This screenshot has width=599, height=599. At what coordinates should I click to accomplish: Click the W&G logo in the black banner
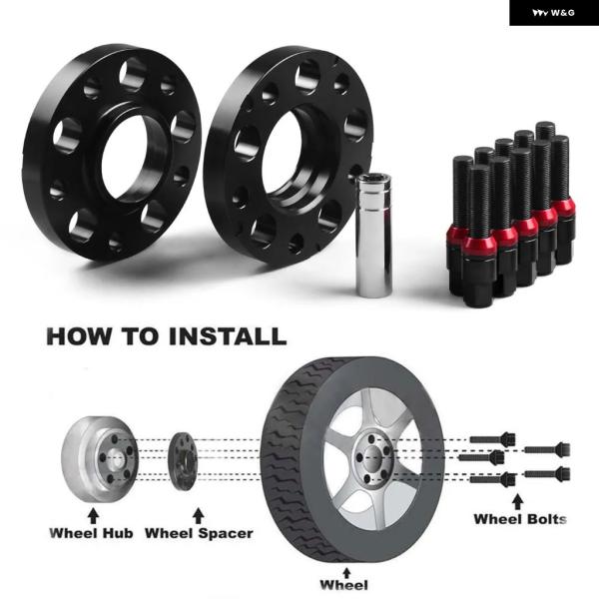[x=553, y=13]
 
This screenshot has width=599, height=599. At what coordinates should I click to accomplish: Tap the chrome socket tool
[x=374, y=235]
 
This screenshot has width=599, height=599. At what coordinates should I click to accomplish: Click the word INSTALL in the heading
[x=228, y=336]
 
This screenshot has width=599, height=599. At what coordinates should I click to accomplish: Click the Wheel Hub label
[x=91, y=533]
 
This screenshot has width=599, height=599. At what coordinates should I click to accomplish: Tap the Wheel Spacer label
[x=199, y=533]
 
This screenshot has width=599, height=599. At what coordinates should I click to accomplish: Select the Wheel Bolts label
[x=520, y=519]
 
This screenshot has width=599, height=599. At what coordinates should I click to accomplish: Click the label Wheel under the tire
[x=343, y=585]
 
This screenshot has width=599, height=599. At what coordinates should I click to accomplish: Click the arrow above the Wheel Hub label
[x=93, y=515]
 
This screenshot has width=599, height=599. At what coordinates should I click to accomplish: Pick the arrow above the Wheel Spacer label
[x=198, y=515]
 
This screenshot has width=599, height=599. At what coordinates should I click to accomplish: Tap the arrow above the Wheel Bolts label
[x=517, y=501]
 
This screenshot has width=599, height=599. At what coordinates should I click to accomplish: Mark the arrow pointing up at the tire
[x=346, y=572]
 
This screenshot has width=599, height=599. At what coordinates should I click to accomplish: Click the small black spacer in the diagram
[x=183, y=461]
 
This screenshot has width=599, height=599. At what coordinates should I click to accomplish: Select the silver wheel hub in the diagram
[x=99, y=459]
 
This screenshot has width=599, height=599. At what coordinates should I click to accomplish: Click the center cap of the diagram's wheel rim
[x=373, y=458]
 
